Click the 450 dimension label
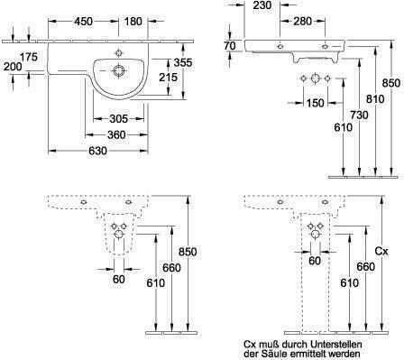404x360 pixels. click(84, 22)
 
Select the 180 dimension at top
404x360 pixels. click(133, 22)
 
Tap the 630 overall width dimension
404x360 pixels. click(98, 151)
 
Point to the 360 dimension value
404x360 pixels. click(116, 134)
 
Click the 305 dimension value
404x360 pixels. click(119, 119)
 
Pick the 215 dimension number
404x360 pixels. click(168, 78)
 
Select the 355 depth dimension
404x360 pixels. click(183, 62)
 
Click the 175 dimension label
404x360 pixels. click(29, 57)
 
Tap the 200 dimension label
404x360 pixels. click(13, 67)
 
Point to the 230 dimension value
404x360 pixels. click(262, 5)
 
